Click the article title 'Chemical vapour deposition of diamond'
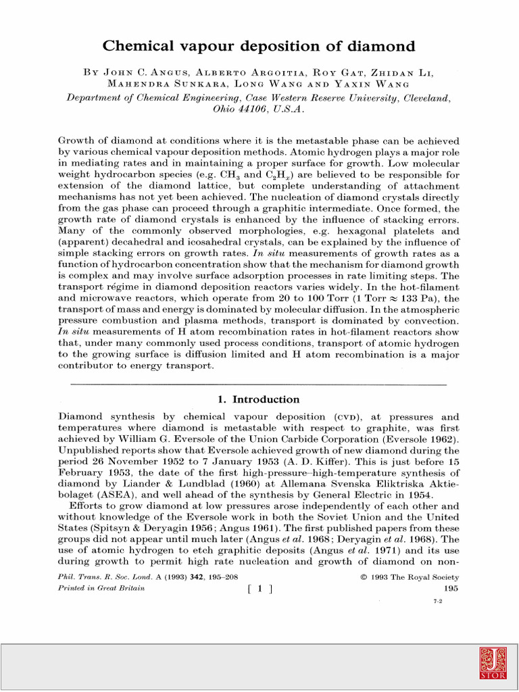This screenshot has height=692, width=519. pyautogui.click(x=259, y=47)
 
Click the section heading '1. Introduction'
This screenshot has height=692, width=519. pyautogui.click(x=259, y=399)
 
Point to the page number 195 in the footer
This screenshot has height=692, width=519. pyautogui.click(x=451, y=589)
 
